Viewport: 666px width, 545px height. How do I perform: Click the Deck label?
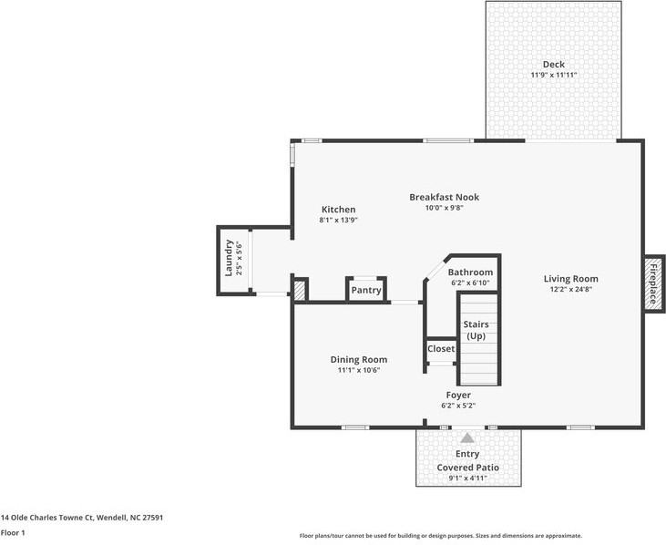pos(553,64)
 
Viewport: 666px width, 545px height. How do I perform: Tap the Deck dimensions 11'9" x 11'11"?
pos(553,75)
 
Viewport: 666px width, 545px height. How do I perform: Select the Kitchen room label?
pos(338,210)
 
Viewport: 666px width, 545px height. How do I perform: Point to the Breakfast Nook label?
pos(444,197)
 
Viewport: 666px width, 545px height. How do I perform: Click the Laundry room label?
pos(230,259)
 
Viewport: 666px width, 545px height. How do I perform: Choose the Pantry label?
pos(366,291)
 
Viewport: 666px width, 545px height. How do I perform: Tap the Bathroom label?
pos(470,272)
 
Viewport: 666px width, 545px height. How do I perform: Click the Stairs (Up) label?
pos(476,330)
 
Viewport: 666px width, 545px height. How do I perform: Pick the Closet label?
pos(441,349)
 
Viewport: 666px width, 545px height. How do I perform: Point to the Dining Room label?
pos(358,359)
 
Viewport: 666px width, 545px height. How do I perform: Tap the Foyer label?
pos(457,395)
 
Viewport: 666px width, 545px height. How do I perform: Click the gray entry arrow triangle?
pos(467,438)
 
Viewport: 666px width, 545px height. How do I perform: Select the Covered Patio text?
pos(467,468)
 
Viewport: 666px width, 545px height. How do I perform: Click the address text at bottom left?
pos(81,517)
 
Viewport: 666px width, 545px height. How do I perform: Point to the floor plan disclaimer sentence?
pos(440,536)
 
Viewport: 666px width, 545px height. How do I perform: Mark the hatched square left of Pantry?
pos(299,289)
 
